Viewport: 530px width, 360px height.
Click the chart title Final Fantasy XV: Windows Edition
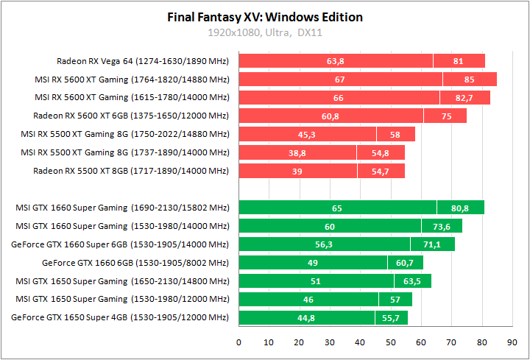265,17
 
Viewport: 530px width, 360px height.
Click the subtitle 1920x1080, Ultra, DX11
265,32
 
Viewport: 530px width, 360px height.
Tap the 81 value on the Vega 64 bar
459,61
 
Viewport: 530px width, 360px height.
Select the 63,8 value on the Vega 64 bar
336,61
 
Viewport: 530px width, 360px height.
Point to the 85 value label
469,80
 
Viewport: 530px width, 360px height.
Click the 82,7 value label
464,97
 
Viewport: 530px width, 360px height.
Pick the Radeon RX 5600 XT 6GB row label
131,116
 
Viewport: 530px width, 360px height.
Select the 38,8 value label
297,152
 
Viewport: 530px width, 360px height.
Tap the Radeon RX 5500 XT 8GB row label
131,171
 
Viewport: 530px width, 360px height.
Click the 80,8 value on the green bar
460,208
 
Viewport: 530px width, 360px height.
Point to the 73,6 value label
442,227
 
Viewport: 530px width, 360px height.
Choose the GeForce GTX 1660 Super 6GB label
121,244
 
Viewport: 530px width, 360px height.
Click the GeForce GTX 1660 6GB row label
135,263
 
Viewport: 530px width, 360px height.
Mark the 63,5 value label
412,281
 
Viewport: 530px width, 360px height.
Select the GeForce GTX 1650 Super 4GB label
121,318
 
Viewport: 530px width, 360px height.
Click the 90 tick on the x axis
512,342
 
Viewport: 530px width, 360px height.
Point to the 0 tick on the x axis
239,342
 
